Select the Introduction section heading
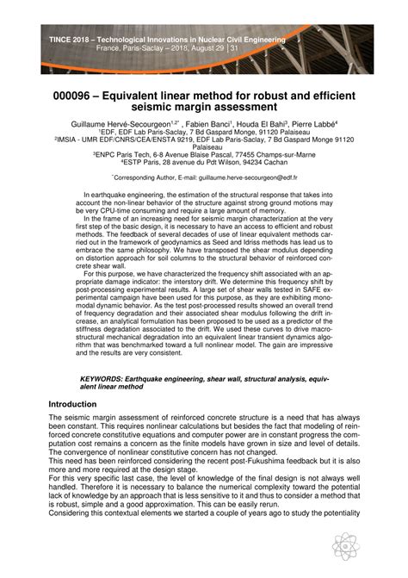(72, 403)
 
